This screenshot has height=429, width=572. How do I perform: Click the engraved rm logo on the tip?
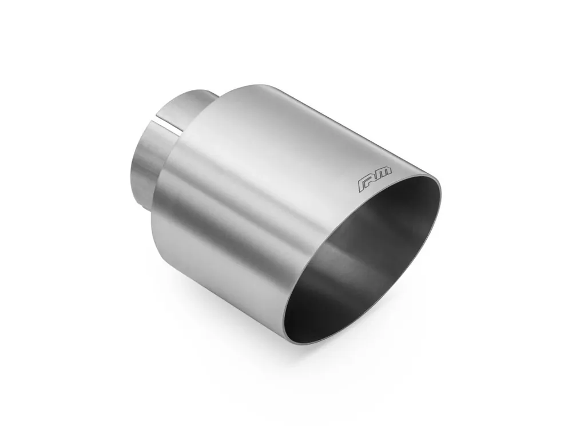point(375,179)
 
